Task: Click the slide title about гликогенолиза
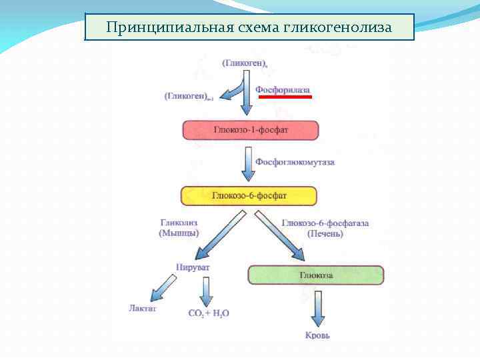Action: click(x=249, y=28)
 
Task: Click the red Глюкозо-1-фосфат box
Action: click(x=250, y=129)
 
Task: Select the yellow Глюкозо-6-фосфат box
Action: click(x=249, y=195)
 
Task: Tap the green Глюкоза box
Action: click(x=316, y=275)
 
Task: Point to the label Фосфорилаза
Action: click(x=283, y=89)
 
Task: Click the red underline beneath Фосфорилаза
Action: click(x=285, y=97)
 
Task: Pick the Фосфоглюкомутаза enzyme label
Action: click(x=295, y=162)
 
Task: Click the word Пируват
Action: click(x=193, y=267)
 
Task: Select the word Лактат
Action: click(x=143, y=308)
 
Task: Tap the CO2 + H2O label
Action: click(x=209, y=312)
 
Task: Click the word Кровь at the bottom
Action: click(x=317, y=335)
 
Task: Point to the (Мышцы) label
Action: click(x=179, y=233)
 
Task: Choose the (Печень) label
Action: click(x=325, y=233)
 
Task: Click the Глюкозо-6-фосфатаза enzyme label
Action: click(x=325, y=223)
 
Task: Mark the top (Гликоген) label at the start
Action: click(x=245, y=63)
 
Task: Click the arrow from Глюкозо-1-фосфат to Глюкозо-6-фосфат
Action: click(x=249, y=164)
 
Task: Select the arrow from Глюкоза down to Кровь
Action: click(x=317, y=307)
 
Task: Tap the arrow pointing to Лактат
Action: click(x=163, y=287)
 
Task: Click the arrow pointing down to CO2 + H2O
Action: click(x=206, y=290)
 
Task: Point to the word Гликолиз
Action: click(x=179, y=223)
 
